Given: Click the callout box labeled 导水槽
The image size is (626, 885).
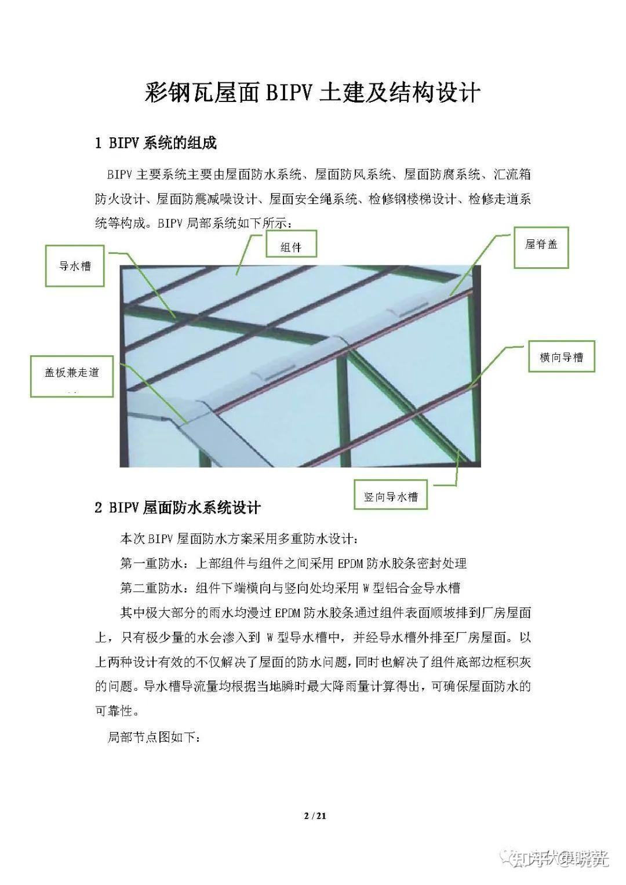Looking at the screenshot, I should pos(75,266).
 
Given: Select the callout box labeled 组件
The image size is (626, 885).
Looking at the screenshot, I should pos(291,247).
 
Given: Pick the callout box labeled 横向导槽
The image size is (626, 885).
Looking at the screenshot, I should pos(561,357).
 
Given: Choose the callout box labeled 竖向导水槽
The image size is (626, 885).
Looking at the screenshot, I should pos(391,496).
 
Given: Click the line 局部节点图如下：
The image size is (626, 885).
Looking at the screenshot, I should pos(154,738).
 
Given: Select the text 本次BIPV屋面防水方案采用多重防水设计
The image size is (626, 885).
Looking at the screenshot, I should pos(239,539).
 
